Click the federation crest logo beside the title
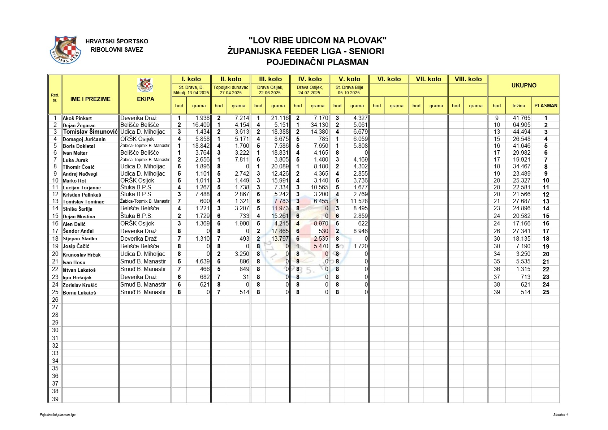(x=65, y=50)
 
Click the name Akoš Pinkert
(x=77, y=118)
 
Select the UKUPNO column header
(x=523, y=86)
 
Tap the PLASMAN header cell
(x=546, y=106)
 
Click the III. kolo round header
(x=270, y=79)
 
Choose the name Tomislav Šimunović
(x=90, y=132)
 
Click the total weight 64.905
(x=521, y=125)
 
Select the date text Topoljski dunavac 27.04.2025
(x=231, y=90)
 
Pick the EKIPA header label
(x=145, y=99)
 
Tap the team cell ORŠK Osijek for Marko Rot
(x=137, y=181)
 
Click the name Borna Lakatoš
(x=79, y=293)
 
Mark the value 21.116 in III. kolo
(x=280, y=118)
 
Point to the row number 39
(x=55, y=399)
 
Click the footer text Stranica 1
(x=560, y=415)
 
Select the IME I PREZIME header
(x=90, y=99)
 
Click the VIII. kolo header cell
(x=468, y=79)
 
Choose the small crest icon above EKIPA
(x=145, y=85)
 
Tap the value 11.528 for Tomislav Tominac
(x=359, y=201)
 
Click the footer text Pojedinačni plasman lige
(x=58, y=415)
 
